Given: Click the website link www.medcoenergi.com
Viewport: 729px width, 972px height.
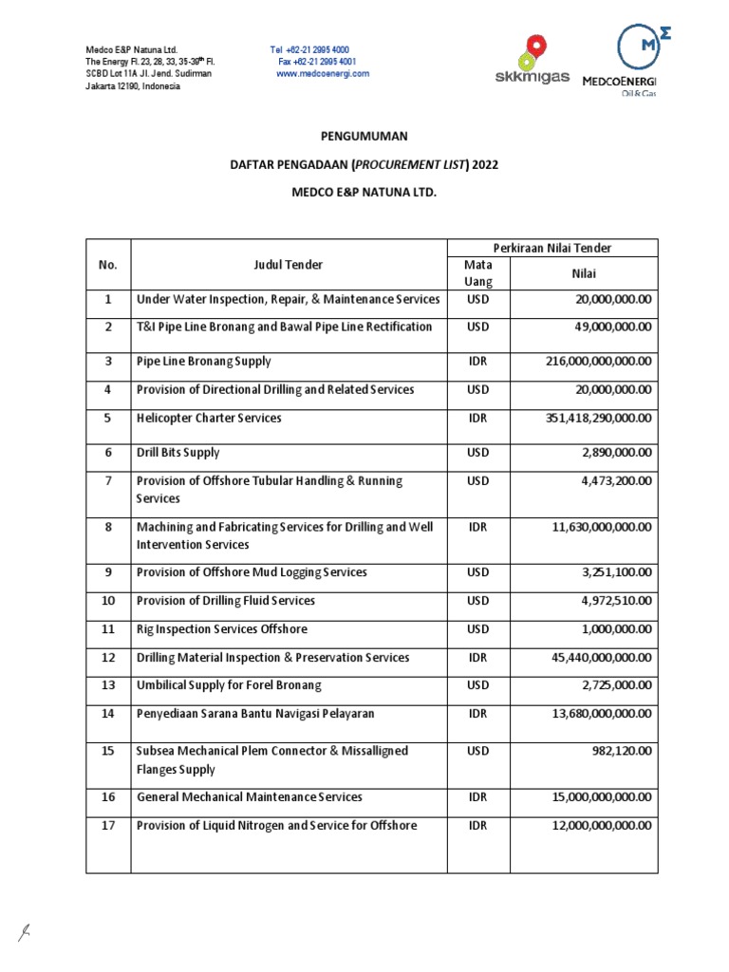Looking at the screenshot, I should pyautogui.click(x=323, y=74).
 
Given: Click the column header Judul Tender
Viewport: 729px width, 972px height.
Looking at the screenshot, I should pyautogui.click(x=288, y=265).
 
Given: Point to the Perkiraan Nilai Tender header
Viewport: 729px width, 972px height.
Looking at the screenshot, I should pyautogui.click(x=551, y=249).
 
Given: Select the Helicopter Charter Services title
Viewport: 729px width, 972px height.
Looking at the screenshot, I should pyautogui.click(x=209, y=419).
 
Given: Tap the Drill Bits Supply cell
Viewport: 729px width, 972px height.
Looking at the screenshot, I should pyautogui.click(x=178, y=453).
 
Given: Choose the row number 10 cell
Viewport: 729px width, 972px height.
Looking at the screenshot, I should pyautogui.click(x=108, y=601).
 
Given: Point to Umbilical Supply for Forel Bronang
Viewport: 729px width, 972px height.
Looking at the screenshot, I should pyautogui.click(x=229, y=685).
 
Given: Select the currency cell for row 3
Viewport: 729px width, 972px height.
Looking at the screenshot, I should pyautogui.click(x=478, y=362).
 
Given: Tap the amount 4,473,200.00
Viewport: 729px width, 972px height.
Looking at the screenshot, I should pyautogui.click(x=607, y=481).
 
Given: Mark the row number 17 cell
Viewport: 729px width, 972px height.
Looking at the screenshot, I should pyautogui.click(x=108, y=826).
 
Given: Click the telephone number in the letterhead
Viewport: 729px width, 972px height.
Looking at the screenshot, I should pyautogui.click(x=309, y=49).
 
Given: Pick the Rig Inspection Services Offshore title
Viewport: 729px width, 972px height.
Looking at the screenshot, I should pyautogui.click(x=222, y=629).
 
